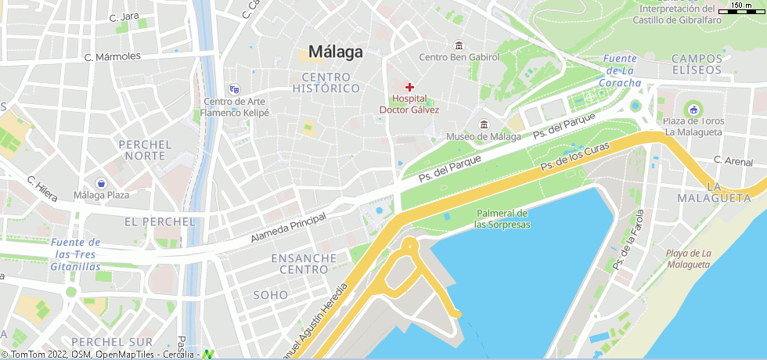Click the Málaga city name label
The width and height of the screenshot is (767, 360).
336,52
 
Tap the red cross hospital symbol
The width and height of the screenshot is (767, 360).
409,87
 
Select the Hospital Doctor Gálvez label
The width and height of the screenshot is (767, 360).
409,104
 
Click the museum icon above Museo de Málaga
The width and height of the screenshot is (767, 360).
484,124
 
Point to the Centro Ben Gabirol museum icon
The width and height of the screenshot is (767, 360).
458,44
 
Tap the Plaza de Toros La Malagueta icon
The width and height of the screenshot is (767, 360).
693,108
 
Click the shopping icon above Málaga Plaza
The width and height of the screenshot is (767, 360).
102,182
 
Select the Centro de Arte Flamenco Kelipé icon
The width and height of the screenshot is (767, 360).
234,89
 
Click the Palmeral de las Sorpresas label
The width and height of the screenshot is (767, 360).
502,219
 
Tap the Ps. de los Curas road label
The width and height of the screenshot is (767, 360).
575,158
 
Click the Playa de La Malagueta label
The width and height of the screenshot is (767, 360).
689,258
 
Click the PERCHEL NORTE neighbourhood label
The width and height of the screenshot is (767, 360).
145,150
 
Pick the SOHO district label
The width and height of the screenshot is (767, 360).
271,295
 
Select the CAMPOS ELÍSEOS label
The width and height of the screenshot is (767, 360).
697,64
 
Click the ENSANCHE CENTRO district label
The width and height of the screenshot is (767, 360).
304,264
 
